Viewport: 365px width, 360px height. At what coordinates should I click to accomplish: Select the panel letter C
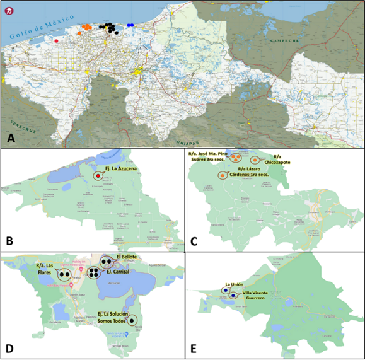point(194,240)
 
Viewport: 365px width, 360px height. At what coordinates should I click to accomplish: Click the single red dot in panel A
point(57,41)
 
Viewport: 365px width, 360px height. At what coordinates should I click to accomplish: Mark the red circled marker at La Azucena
point(98,177)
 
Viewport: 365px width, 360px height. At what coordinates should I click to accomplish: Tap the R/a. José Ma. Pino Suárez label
point(207,156)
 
